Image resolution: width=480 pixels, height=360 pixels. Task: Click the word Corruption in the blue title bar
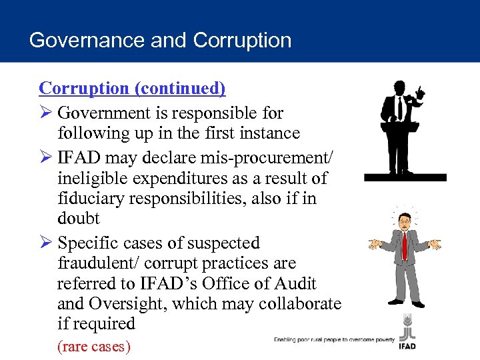(x=243, y=40)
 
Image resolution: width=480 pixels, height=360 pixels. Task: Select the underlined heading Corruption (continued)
(x=132, y=88)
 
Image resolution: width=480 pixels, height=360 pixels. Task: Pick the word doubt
(x=78, y=219)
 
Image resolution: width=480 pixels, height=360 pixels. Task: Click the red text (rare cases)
(x=94, y=346)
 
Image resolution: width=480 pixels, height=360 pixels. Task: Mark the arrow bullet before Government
(x=45, y=113)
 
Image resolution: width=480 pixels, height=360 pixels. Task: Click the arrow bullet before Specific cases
(x=45, y=243)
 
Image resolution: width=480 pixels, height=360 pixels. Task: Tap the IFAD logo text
(x=407, y=347)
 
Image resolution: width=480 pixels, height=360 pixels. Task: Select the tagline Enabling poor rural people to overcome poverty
(x=334, y=339)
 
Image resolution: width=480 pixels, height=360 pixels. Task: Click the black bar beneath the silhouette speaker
(x=405, y=177)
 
